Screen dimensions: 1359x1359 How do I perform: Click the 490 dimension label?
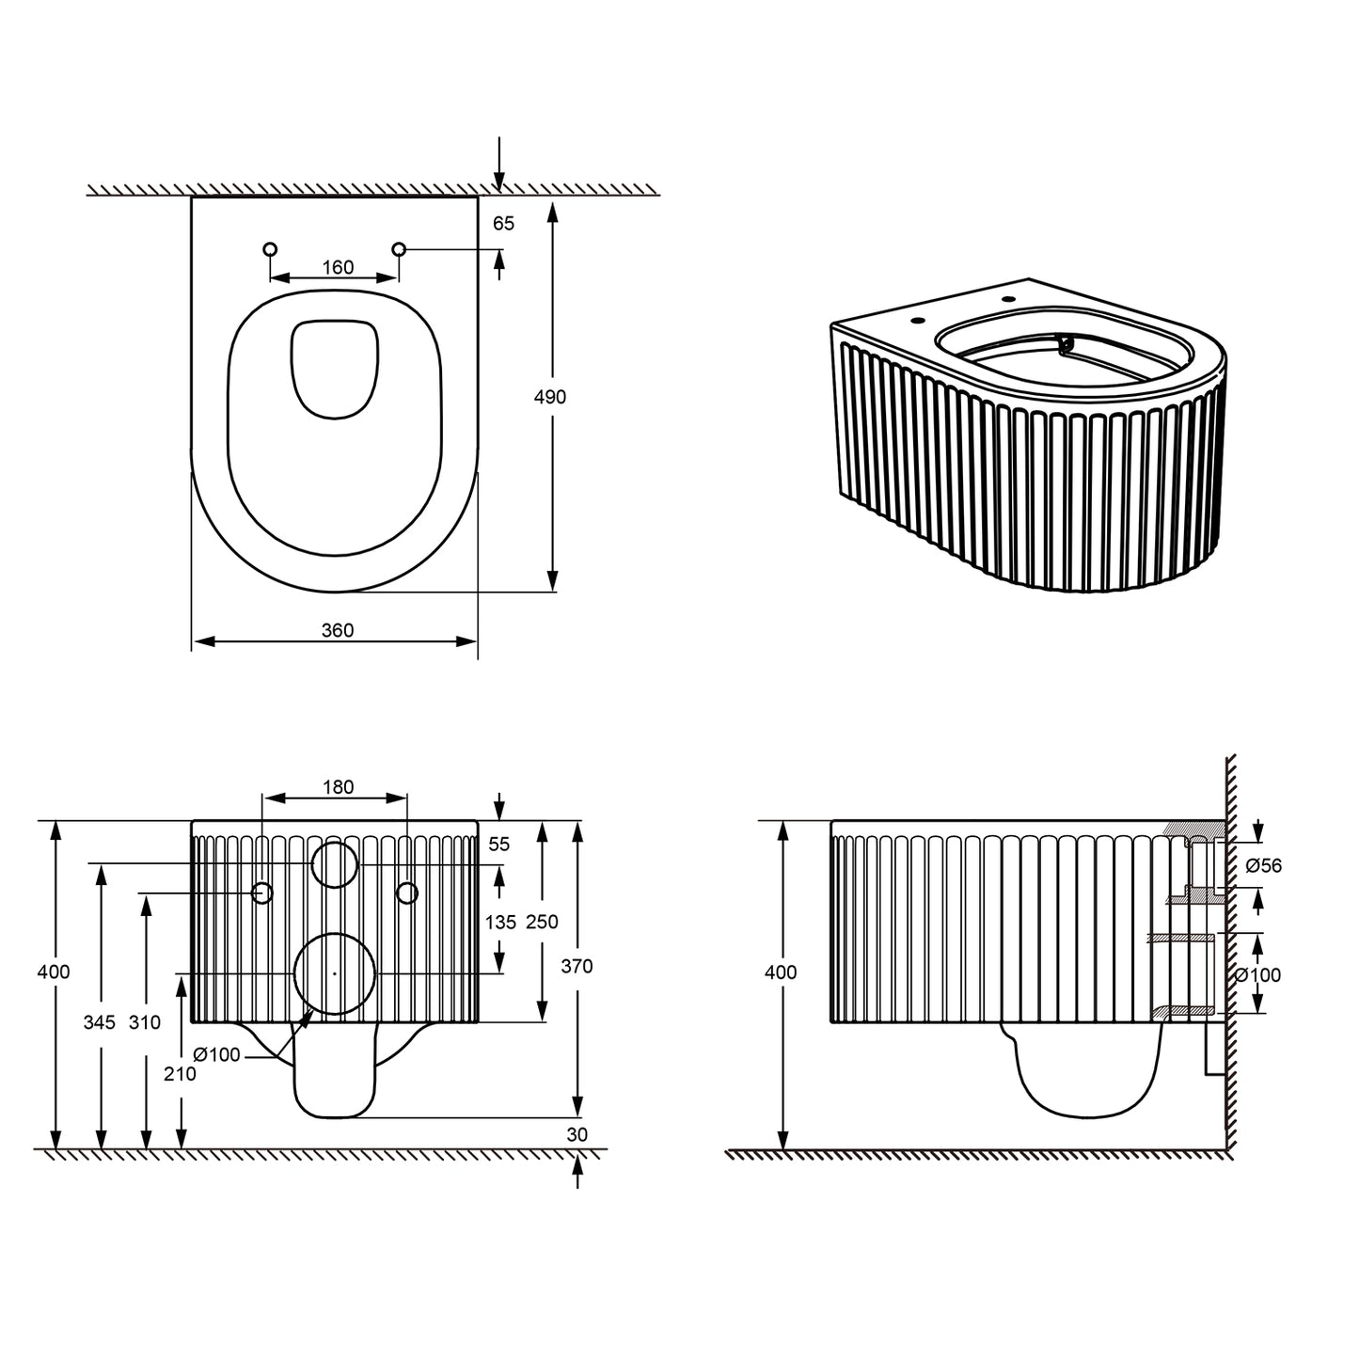click(x=550, y=397)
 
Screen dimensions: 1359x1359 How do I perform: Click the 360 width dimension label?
click(x=338, y=630)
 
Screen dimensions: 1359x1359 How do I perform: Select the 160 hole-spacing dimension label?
click(x=338, y=267)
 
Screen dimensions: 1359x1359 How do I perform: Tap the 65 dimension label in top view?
click(x=504, y=223)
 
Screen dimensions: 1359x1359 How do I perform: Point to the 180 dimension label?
click(x=338, y=786)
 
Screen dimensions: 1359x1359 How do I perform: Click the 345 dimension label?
click(x=99, y=1021)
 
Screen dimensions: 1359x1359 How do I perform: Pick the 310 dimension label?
click(x=145, y=1021)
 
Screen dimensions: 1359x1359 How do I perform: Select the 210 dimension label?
click(x=180, y=1073)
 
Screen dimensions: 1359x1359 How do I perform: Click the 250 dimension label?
click(x=542, y=922)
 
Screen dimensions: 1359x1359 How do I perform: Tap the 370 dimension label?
click(x=577, y=965)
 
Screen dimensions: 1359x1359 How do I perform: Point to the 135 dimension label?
click(x=499, y=922)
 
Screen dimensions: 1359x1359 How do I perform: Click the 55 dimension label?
click(x=498, y=845)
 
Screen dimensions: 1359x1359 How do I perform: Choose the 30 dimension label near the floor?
click(x=577, y=1134)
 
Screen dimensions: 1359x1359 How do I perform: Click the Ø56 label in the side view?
click(x=1262, y=865)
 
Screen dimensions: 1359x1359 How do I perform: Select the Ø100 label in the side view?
click(x=1257, y=975)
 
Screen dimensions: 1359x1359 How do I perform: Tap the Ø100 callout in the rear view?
click(x=217, y=1054)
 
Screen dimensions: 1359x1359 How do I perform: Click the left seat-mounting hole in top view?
click(x=271, y=249)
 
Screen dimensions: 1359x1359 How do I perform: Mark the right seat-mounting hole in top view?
click(x=399, y=249)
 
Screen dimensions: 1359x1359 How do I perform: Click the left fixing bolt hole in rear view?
click(x=263, y=893)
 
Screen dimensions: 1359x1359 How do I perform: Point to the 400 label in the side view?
click(x=781, y=972)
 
